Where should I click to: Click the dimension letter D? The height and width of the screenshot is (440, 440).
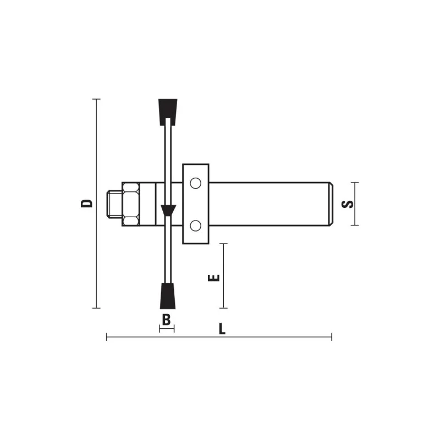(86, 204)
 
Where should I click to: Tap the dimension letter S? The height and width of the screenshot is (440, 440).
(348, 204)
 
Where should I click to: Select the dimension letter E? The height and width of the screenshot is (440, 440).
(214, 278)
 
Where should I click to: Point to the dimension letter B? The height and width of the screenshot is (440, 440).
(167, 320)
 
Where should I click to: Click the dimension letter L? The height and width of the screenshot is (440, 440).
(222, 328)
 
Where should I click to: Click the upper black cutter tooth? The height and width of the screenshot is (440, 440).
(168, 112)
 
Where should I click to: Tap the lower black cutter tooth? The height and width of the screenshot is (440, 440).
(168, 296)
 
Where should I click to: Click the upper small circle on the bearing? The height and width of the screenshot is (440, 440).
(196, 183)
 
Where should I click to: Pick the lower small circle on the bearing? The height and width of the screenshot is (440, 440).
(196, 226)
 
